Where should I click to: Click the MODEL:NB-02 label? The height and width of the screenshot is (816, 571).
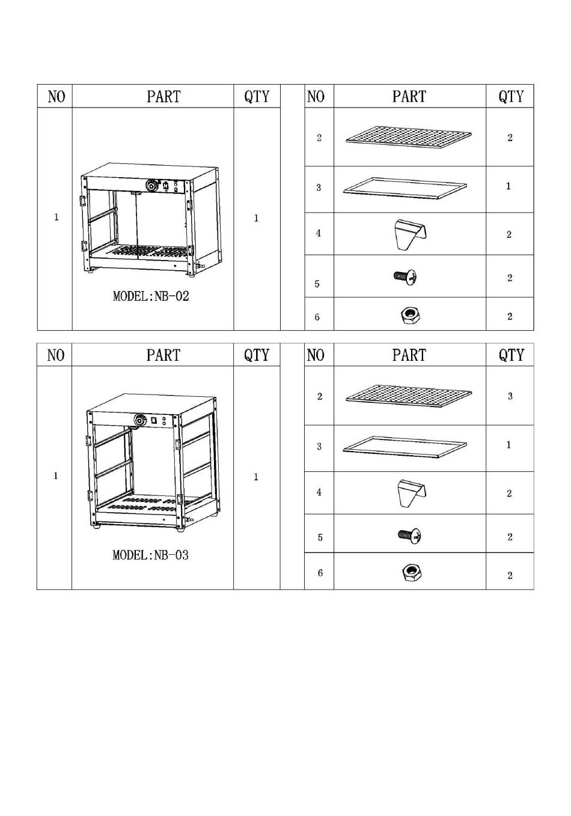click(151, 296)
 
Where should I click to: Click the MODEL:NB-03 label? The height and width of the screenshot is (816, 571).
click(151, 555)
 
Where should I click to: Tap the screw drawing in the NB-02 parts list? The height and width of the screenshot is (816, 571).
click(406, 277)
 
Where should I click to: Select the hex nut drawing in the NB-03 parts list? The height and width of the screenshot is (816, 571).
click(412, 573)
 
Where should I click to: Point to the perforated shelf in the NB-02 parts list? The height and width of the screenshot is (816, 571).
click(408, 137)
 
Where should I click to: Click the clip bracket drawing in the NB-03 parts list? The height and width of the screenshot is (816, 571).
click(412, 493)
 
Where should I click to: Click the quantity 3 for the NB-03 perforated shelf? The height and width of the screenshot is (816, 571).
click(510, 396)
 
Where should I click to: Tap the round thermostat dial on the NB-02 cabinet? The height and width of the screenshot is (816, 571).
click(151, 186)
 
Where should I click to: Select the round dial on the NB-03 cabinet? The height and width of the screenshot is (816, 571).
click(139, 420)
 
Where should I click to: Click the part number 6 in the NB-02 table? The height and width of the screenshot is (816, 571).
click(317, 317)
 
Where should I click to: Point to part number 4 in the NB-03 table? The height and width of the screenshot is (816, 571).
click(319, 492)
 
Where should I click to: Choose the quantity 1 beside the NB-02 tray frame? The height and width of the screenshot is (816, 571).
click(508, 186)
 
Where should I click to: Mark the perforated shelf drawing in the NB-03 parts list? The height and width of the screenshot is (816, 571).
click(408, 396)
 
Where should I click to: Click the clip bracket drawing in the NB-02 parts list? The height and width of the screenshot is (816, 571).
click(411, 234)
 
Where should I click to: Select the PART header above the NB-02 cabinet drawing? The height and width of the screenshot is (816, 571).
click(163, 97)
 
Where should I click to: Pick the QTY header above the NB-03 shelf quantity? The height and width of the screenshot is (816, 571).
click(511, 355)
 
